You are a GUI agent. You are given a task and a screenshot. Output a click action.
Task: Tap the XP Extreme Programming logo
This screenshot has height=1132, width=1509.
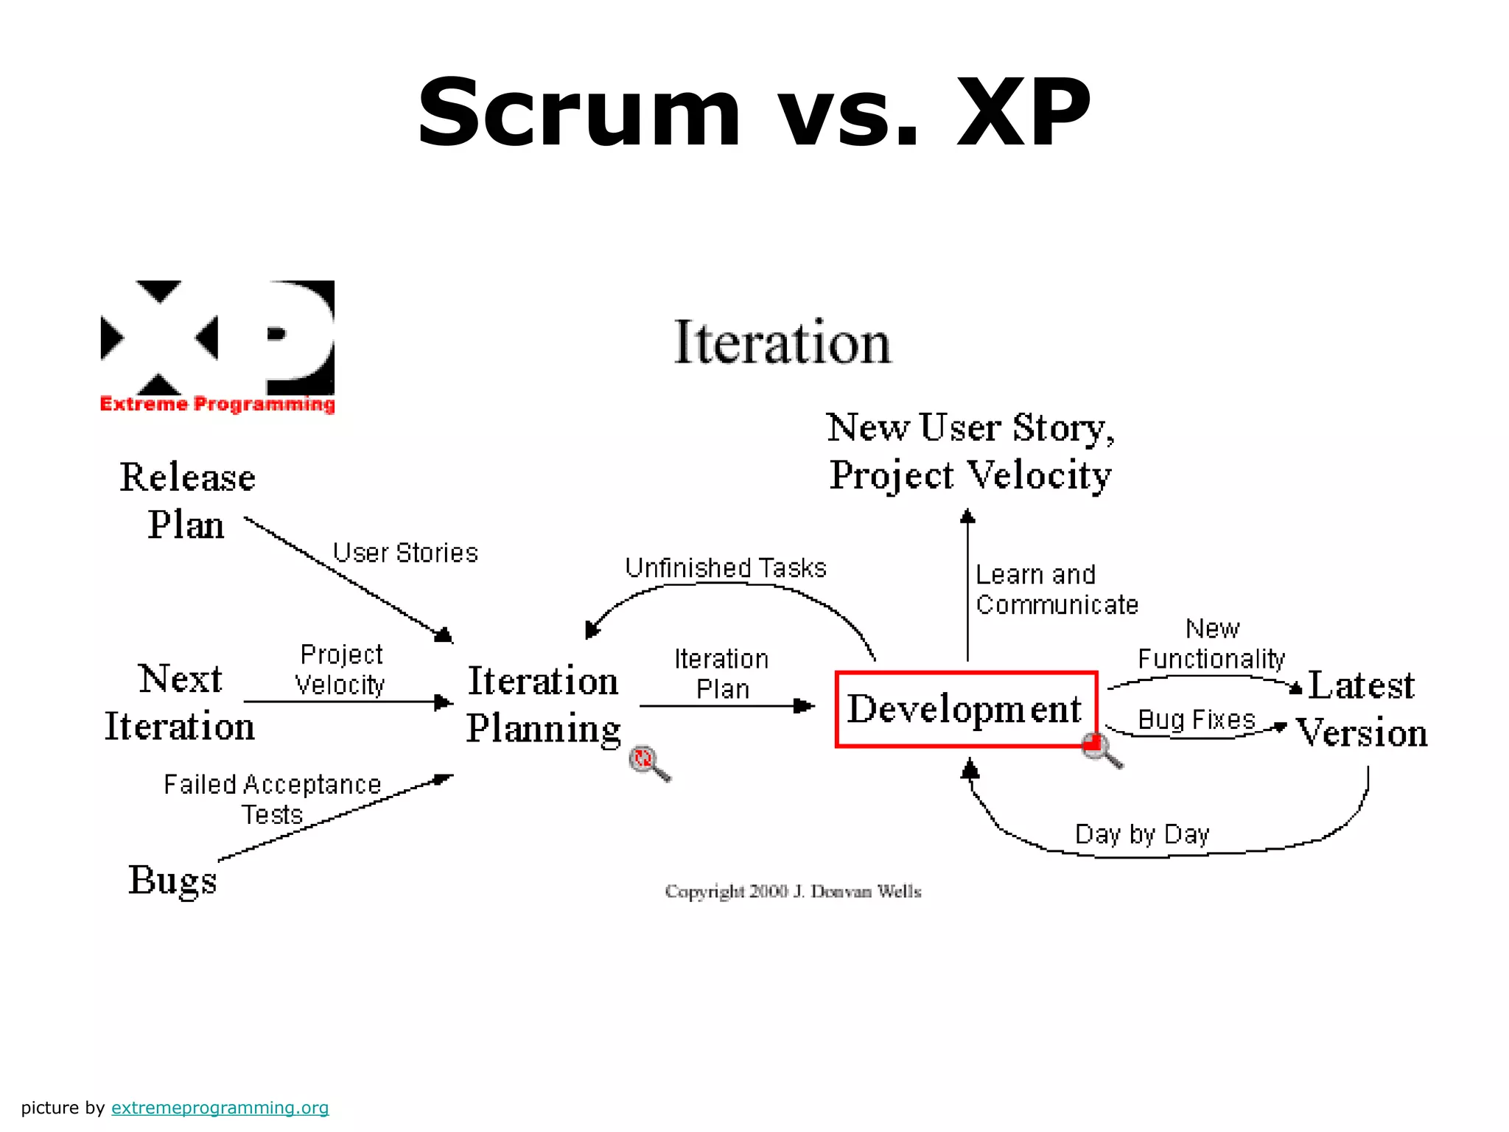(217, 346)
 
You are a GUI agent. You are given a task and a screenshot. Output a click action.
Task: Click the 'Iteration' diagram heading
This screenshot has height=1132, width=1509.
(782, 343)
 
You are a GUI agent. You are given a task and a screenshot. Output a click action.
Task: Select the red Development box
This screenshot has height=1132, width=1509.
(965, 709)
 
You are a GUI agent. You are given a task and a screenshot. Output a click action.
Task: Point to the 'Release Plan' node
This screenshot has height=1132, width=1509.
(187, 501)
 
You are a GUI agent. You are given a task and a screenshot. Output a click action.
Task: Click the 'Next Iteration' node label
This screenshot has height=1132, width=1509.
(180, 702)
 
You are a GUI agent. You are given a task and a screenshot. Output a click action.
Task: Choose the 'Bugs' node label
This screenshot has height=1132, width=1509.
(172, 879)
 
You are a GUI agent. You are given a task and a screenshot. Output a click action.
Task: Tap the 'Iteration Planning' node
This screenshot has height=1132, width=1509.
(543, 705)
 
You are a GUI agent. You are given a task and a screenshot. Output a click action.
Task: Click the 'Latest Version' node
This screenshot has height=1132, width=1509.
(1362, 709)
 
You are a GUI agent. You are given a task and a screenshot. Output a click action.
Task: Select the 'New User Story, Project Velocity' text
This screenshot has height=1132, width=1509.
(970, 451)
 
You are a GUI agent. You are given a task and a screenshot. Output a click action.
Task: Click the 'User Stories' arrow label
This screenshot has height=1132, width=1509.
(405, 553)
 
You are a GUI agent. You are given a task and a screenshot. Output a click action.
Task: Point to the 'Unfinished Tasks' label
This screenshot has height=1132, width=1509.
(726, 568)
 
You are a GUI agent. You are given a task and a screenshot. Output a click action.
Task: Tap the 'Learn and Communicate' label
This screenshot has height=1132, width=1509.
(1056, 590)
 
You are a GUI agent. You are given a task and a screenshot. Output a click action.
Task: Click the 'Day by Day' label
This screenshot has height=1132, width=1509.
(1142, 834)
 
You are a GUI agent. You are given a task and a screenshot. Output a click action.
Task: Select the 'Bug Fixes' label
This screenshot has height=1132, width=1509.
(1196, 719)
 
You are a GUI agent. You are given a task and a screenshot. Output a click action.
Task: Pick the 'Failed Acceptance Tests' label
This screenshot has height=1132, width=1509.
(272, 800)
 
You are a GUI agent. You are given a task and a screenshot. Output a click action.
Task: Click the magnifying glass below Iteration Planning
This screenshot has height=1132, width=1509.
(648, 762)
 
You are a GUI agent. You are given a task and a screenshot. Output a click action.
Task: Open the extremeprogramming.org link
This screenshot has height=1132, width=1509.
(220, 1108)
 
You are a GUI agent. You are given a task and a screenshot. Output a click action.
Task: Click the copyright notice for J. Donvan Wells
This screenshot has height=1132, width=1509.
(793, 892)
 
